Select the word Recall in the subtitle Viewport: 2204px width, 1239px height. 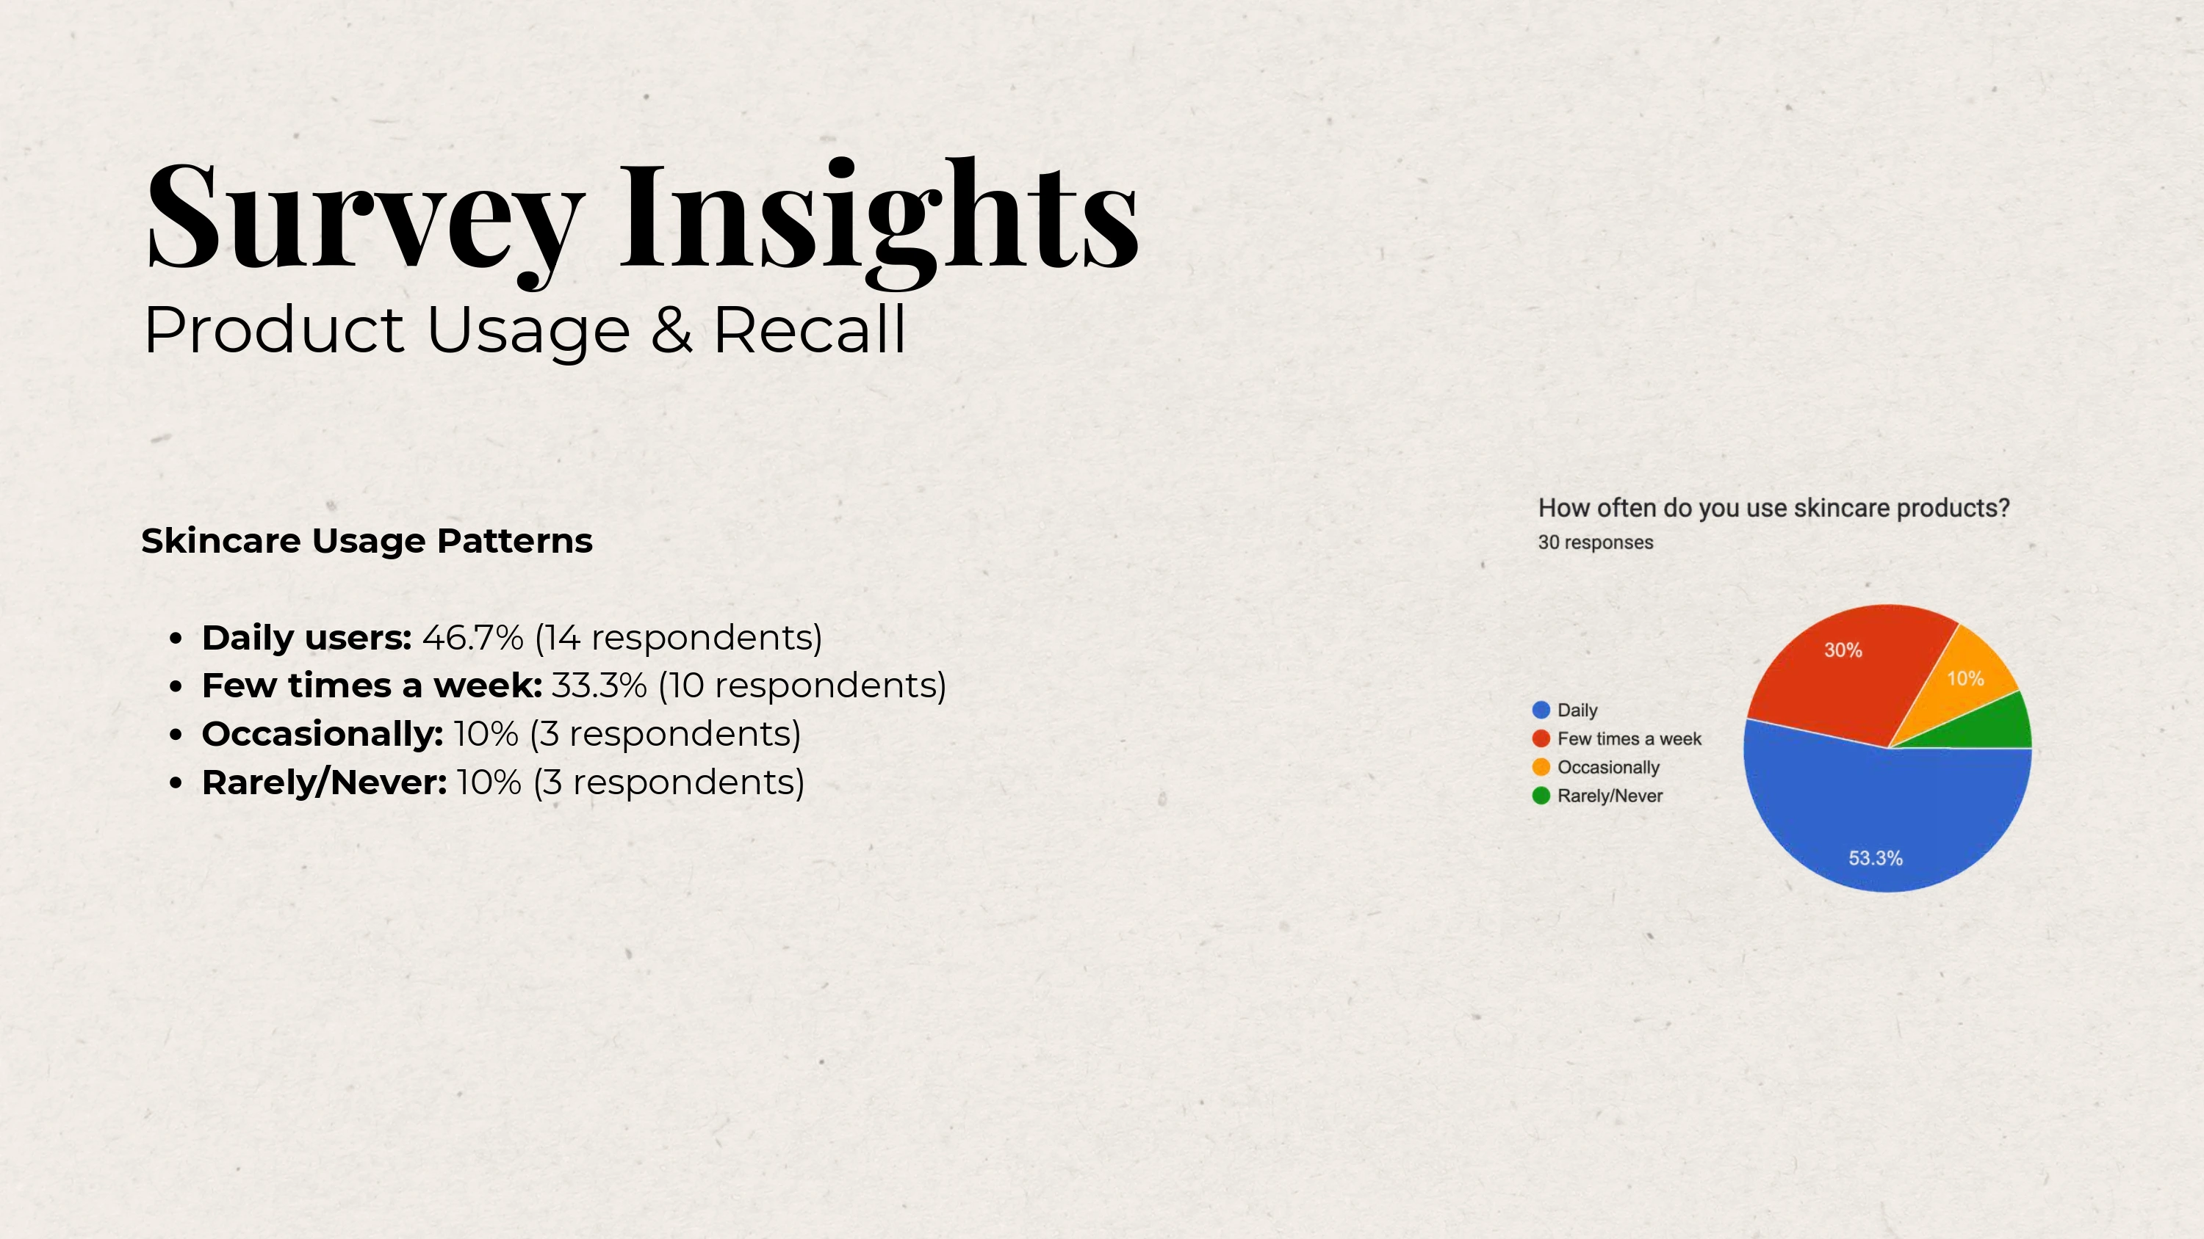(x=810, y=330)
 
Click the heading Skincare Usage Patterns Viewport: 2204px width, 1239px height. (x=367, y=540)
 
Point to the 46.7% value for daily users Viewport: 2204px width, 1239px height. (x=472, y=637)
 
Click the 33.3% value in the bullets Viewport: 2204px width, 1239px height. (x=599, y=685)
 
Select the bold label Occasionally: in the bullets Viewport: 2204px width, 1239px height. (x=323, y=735)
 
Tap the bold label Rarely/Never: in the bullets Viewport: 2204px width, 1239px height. (x=324, y=782)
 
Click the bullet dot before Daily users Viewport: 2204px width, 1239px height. (x=176, y=638)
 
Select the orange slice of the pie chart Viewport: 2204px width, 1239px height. (x=1964, y=684)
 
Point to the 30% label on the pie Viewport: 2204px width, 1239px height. (x=1843, y=650)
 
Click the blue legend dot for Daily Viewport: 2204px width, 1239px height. (x=1541, y=710)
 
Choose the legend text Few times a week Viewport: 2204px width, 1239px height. (x=1629, y=739)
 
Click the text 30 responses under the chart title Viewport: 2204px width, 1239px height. (x=1596, y=542)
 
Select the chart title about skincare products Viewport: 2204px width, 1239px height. (x=1773, y=508)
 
